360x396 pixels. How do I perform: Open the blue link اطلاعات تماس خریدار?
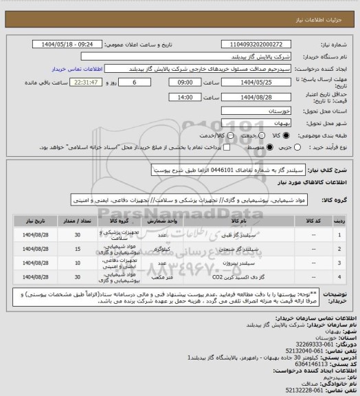[78, 69]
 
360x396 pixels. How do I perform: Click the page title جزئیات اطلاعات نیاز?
[325, 13]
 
